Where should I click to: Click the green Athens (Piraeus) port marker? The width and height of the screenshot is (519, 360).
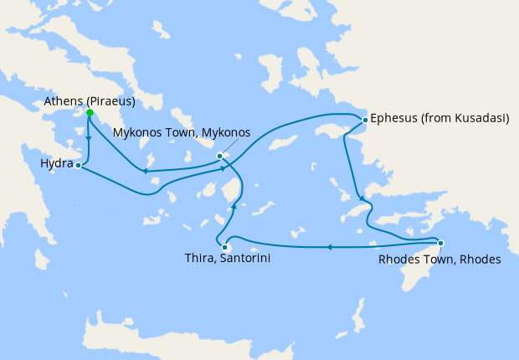coord(90,113)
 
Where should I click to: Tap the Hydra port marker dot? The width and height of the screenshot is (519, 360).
coord(78,166)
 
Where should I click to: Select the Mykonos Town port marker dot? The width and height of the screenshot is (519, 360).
coord(219,156)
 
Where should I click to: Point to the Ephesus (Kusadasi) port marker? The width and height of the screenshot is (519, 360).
coord(365,121)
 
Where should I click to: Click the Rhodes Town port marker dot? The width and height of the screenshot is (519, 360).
coord(440,244)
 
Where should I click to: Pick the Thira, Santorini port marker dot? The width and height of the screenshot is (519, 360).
coord(225,247)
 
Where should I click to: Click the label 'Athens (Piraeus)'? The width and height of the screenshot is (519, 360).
coord(90,102)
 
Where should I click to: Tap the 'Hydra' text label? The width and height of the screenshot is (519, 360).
coord(56,165)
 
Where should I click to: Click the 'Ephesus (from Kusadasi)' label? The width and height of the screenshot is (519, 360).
coord(439,119)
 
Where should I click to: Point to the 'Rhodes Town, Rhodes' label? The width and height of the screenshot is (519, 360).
coord(439,260)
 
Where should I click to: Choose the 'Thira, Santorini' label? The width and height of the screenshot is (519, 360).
coord(227,260)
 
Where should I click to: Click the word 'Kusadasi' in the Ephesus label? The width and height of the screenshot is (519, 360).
coord(479,119)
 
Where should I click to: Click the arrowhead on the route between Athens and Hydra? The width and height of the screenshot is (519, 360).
coord(90,140)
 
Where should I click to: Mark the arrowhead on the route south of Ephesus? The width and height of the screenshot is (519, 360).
coord(362,198)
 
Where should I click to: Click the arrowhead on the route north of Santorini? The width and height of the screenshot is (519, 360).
coord(234,205)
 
